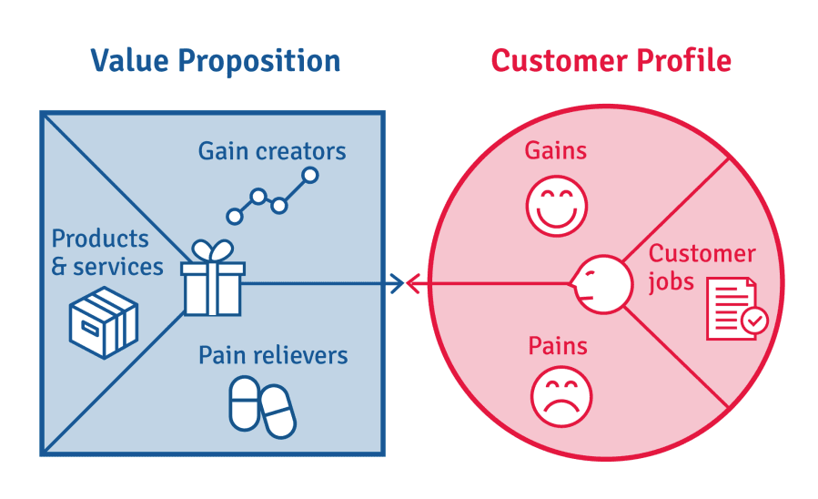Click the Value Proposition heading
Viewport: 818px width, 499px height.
[215, 61]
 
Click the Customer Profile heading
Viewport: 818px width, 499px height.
[611, 61]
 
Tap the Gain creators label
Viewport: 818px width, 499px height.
[272, 151]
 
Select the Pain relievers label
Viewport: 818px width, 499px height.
[273, 354]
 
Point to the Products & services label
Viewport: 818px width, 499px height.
[106, 252]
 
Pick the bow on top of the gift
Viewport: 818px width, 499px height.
[212, 250]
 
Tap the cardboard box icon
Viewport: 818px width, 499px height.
[104, 321]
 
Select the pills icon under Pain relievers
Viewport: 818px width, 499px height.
[261, 406]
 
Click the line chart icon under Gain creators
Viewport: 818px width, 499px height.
[272, 196]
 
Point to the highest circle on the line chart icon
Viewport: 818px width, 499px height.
[310, 175]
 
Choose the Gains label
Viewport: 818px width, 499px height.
[555, 150]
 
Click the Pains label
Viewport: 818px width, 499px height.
[558, 346]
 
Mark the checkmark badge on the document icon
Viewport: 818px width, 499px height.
[754, 321]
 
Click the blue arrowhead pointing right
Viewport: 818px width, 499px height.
[396, 284]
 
